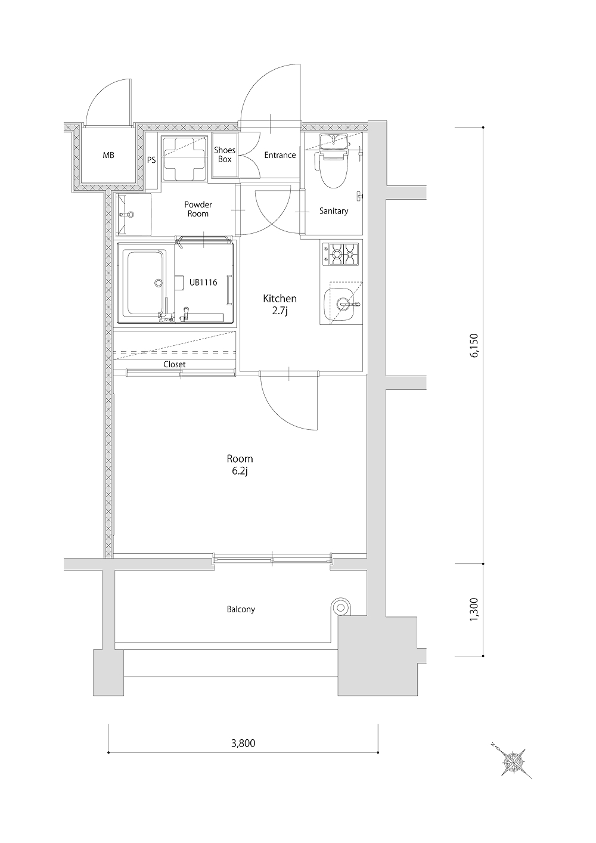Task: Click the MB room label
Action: (x=108, y=155)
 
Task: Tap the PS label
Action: (x=151, y=160)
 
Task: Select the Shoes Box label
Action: (x=225, y=154)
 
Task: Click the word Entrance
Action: (x=280, y=155)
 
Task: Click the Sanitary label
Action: (x=334, y=211)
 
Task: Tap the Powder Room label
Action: (x=198, y=209)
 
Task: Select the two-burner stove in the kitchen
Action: (x=340, y=255)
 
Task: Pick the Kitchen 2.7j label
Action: (x=280, y=305)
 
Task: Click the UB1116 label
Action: (x=203, y=282)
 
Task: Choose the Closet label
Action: (x=175, y=364)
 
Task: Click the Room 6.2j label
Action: (x=240, y=465)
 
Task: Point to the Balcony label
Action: (x=241, y=609)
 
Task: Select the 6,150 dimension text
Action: (x=474, y=345)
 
